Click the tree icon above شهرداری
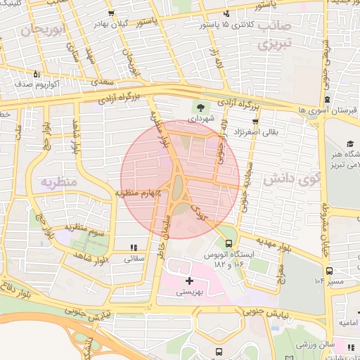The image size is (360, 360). [x=201, y=108]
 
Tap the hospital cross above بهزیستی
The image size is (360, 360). [x=188, y=281]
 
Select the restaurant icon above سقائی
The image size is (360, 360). [x=134, y=247]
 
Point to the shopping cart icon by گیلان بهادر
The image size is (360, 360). [x=110, y=14]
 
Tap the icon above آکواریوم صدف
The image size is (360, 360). [x=37, y=73]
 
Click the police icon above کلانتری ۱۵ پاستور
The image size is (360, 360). [x=226, y=14]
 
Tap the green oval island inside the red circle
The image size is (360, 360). [x=178, y=186]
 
